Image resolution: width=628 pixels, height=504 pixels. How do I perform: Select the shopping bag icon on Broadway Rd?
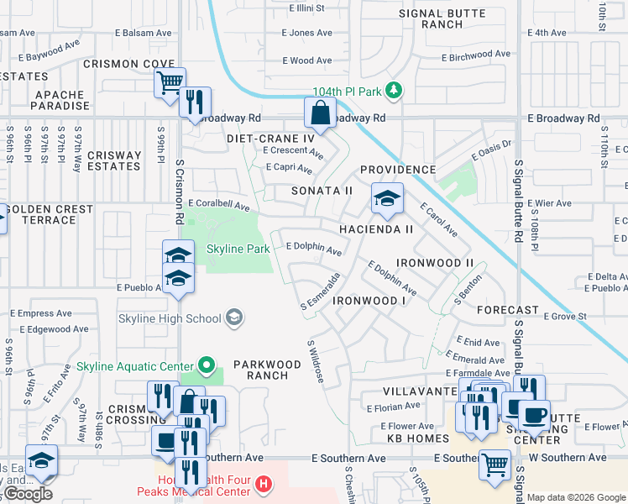[x=320, y=112]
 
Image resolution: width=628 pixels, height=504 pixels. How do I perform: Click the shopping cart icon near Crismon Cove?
[x=170, y=82]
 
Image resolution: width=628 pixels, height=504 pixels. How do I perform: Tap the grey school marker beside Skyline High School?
[x=235, y=318]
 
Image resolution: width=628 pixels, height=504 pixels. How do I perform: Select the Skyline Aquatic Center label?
[x=135, y=365]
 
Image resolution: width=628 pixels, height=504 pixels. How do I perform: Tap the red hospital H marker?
[x=264, y=484]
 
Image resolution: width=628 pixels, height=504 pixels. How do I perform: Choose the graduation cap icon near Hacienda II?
[x=387, y=199]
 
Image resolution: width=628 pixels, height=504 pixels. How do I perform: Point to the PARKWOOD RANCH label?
[x=267, y=370]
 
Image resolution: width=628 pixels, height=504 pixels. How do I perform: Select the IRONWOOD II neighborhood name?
[x=435, y=263]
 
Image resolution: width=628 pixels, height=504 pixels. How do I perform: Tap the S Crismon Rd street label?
[x=180, y=192]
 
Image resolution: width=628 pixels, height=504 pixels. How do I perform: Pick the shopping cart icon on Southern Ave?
[x=495, y=463]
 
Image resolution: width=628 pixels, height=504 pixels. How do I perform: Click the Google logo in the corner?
[x=29, y=494]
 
